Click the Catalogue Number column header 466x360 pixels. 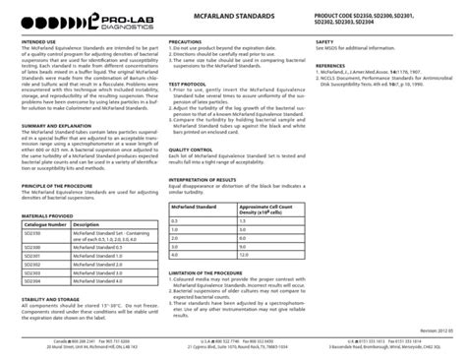[x=45, y=224]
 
